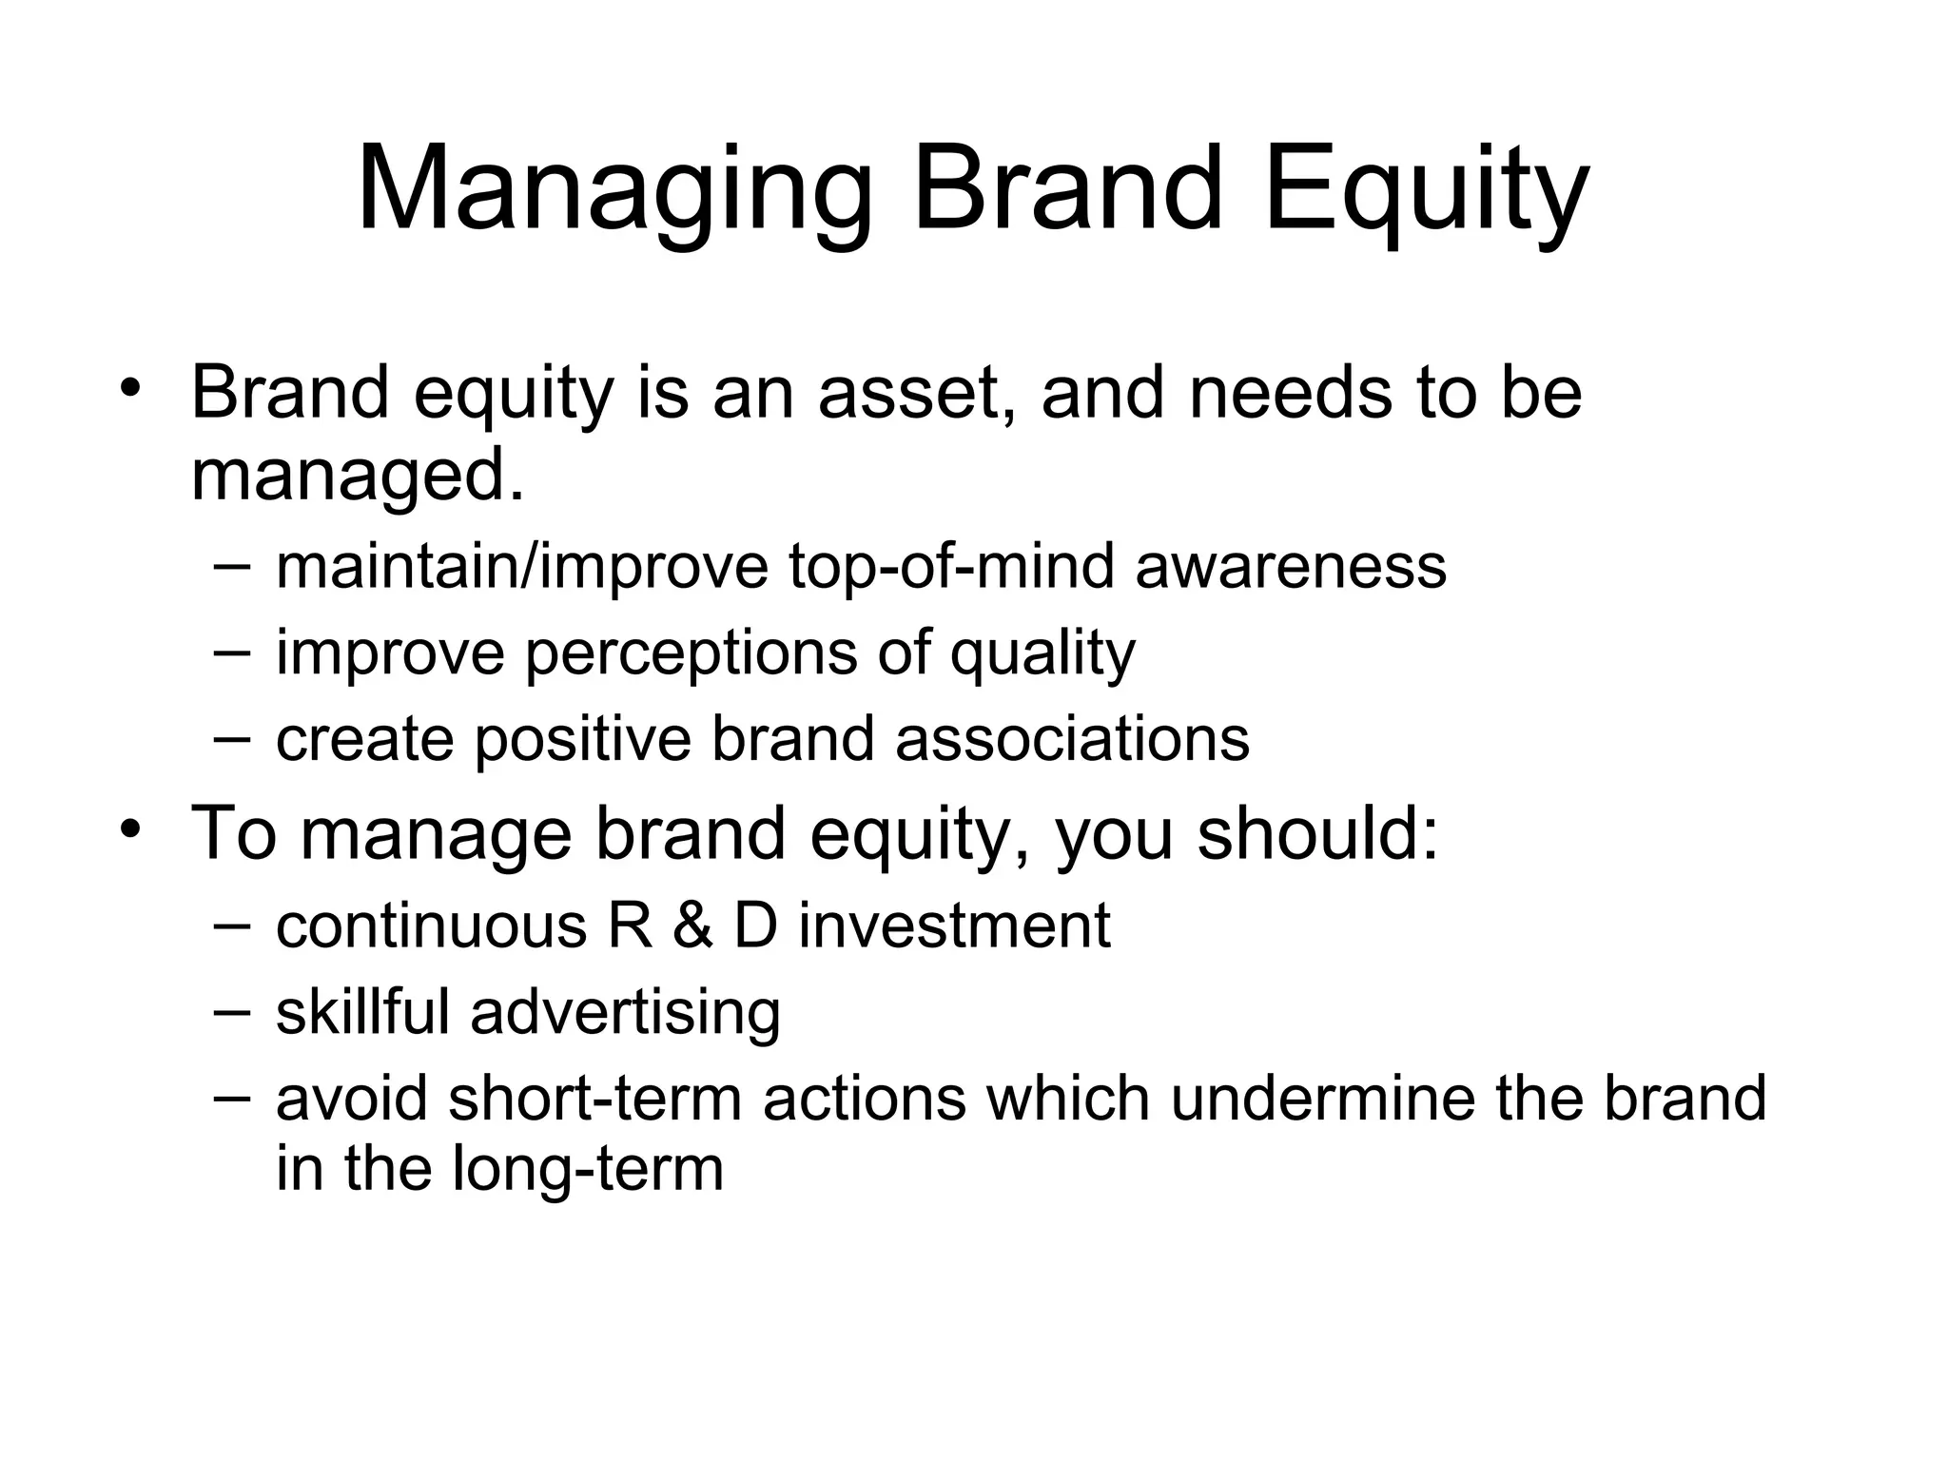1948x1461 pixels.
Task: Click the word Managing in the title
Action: click(614, 190)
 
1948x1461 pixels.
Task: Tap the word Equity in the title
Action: click(1426, 190)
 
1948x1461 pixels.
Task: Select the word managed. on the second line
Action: click(358, 476)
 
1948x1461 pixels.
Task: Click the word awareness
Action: click(1291, 568)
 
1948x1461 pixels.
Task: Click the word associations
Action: click(1072, 740)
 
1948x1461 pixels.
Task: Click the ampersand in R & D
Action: click(692, 925)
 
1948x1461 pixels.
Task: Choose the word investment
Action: click(954, 925)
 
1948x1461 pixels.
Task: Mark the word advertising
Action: click(625, 1012)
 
